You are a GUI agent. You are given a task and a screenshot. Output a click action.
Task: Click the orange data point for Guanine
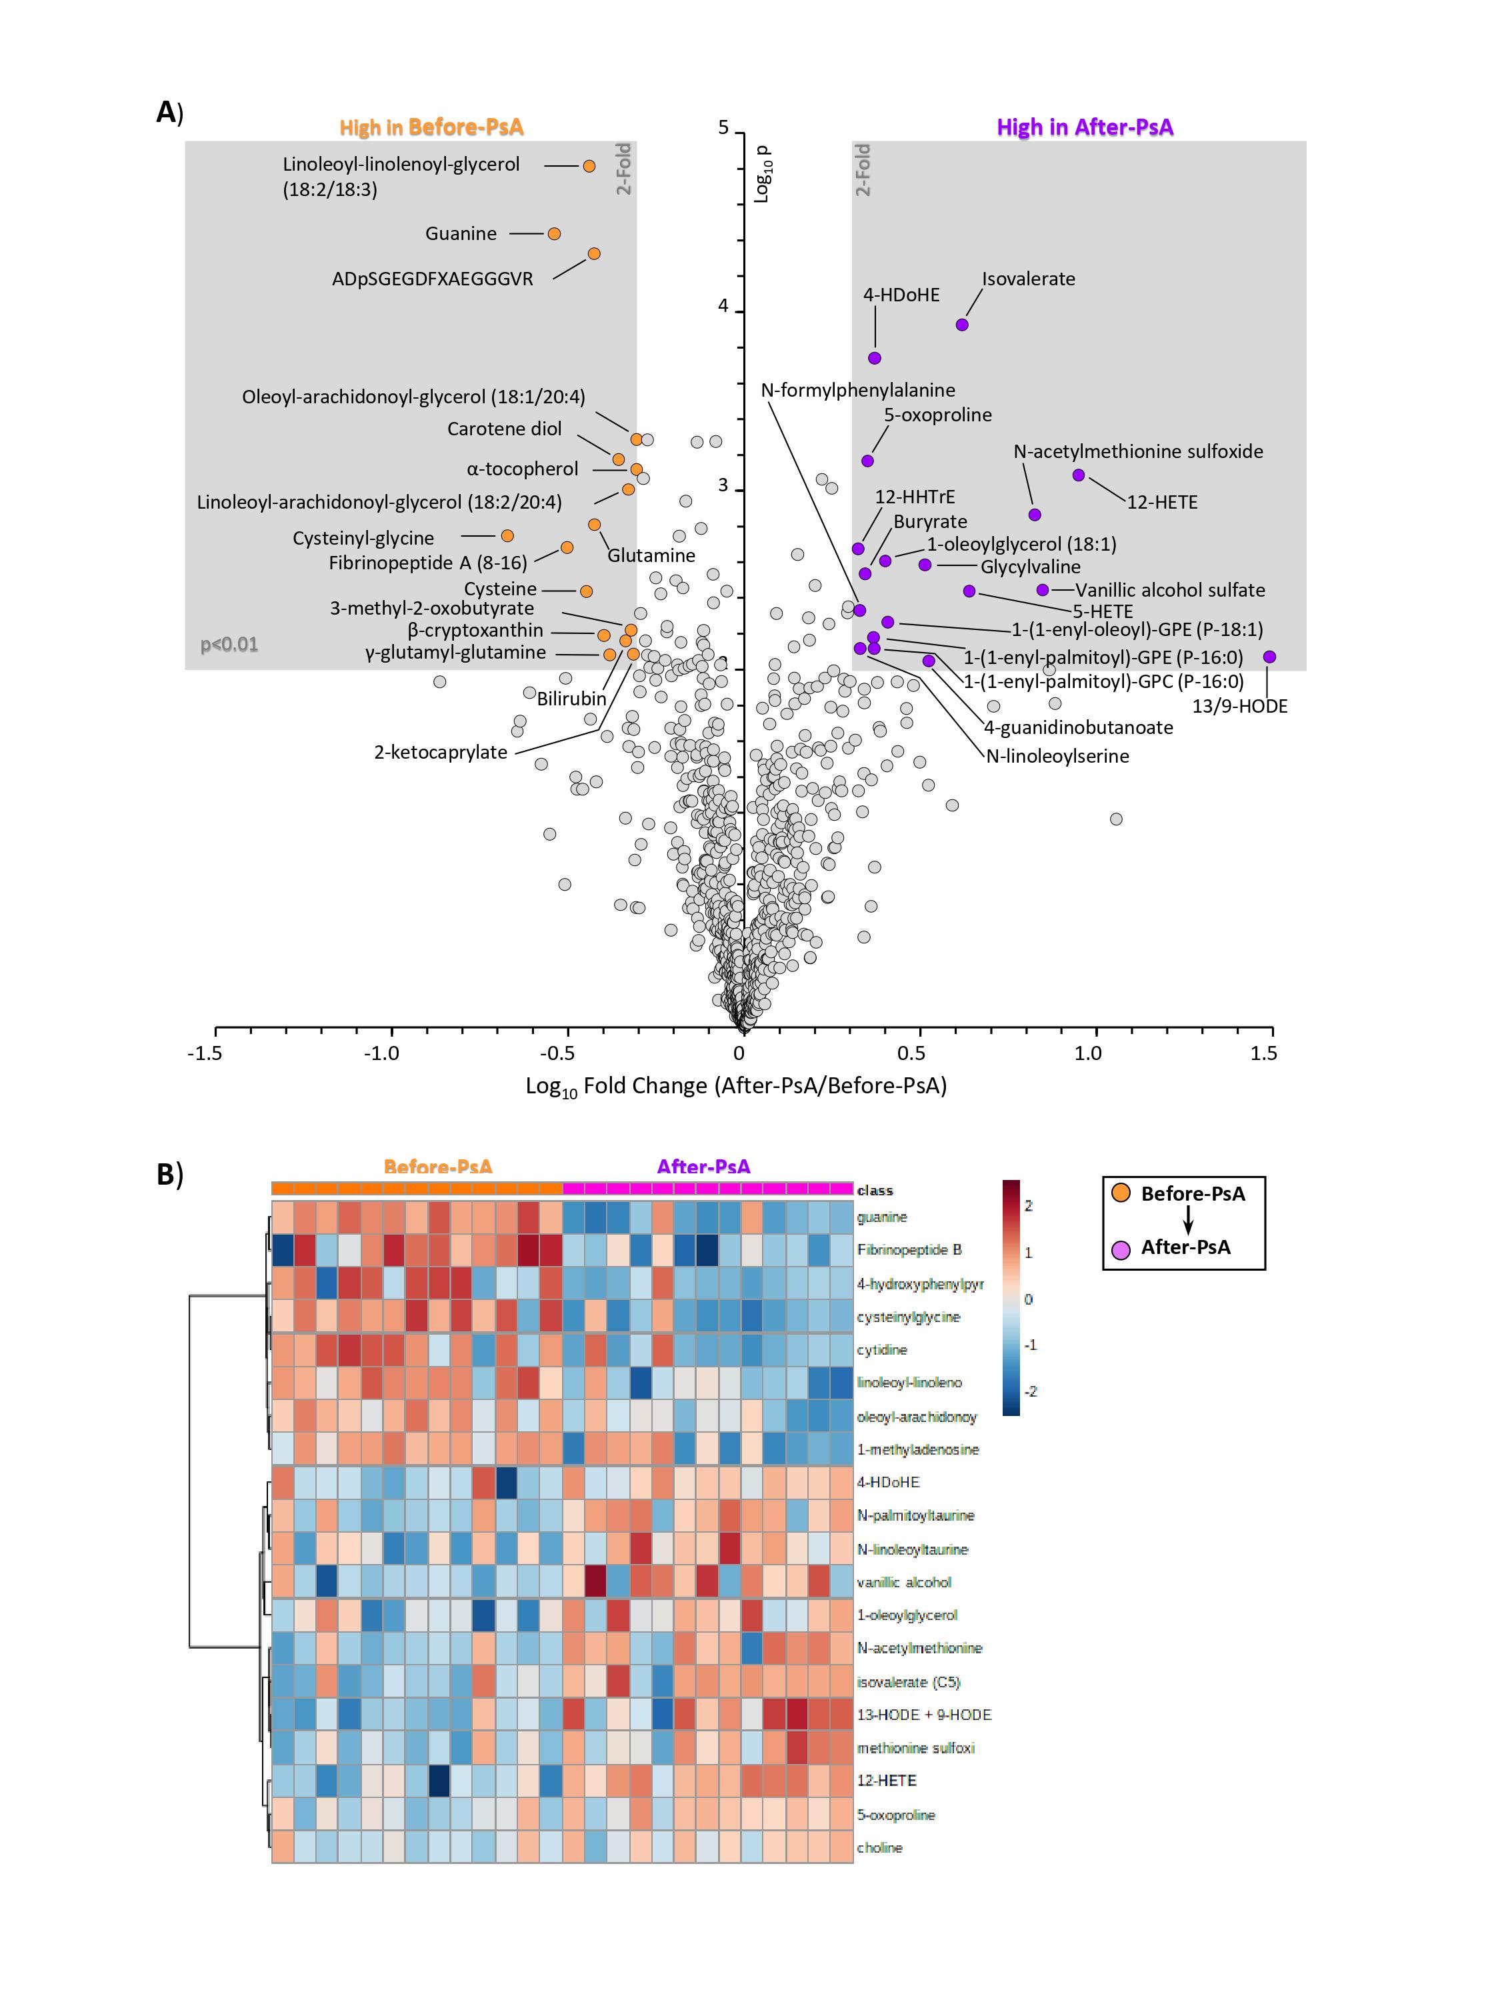click(554, 234)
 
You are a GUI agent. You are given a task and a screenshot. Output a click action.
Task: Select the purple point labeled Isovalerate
click(962, 325)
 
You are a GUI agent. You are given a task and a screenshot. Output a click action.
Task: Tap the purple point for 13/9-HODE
click(1269, 657)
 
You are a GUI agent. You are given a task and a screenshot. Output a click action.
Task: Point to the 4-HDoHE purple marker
click(874, 358)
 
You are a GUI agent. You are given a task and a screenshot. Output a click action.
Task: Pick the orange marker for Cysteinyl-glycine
click(507, 536)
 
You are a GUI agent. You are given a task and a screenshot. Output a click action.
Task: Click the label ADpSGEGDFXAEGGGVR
click(432, 279)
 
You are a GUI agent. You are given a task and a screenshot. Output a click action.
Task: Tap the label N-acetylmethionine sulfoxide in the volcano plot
click(1137, 452)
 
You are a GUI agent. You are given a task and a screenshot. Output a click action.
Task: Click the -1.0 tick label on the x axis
click(381, 1053)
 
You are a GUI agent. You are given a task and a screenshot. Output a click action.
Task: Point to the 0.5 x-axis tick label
click(911, 1053)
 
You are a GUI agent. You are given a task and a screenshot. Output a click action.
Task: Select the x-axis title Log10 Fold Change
click(736, 1087)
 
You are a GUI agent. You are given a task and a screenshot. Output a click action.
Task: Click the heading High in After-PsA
click(1084, 127)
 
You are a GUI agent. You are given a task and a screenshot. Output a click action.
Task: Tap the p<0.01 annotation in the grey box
click(229, 645)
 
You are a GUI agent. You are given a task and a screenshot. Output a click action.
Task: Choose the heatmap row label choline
click(880, 1848)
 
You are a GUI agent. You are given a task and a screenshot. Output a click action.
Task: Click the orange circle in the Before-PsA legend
click(1121, 1193)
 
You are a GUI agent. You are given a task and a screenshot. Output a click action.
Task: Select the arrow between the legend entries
click(1189, 1221)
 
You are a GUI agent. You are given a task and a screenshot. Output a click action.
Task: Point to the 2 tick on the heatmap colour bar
click(1028, 1206)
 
